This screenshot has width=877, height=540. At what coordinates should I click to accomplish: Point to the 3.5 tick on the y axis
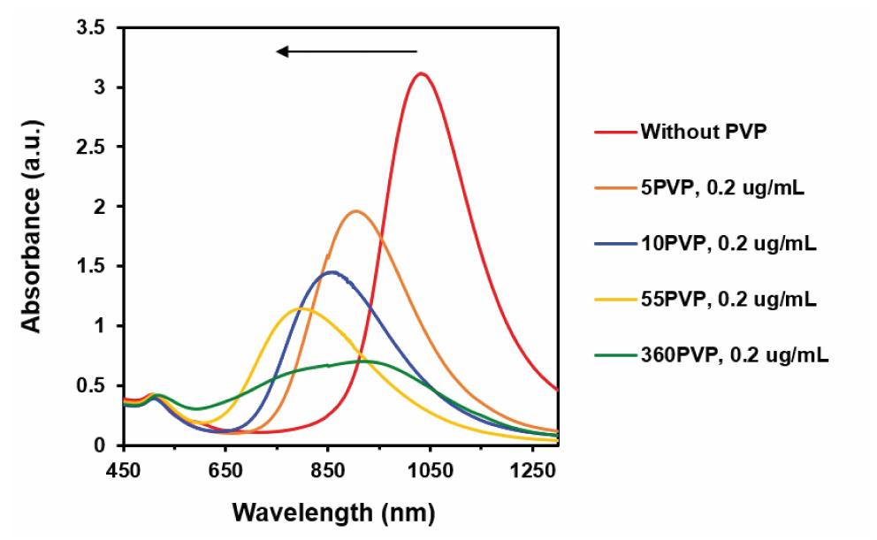(91, 28)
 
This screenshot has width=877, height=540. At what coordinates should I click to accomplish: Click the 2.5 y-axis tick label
(91, 148)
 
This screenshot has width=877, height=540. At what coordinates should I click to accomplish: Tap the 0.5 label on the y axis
(91, 386)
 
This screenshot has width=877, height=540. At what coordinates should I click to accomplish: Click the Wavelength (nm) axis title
(333, 512)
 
